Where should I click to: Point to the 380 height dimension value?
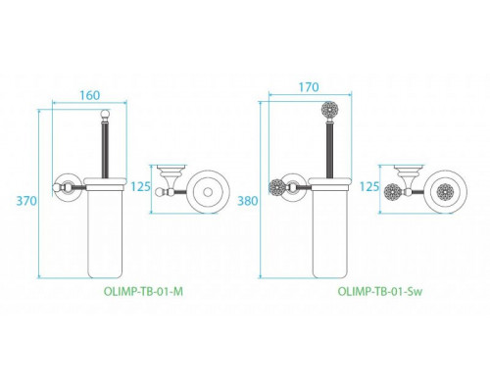pyautogui.click(x=248, y=200)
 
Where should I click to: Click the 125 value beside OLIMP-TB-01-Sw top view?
pyautogui.click(x=369, y=186)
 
